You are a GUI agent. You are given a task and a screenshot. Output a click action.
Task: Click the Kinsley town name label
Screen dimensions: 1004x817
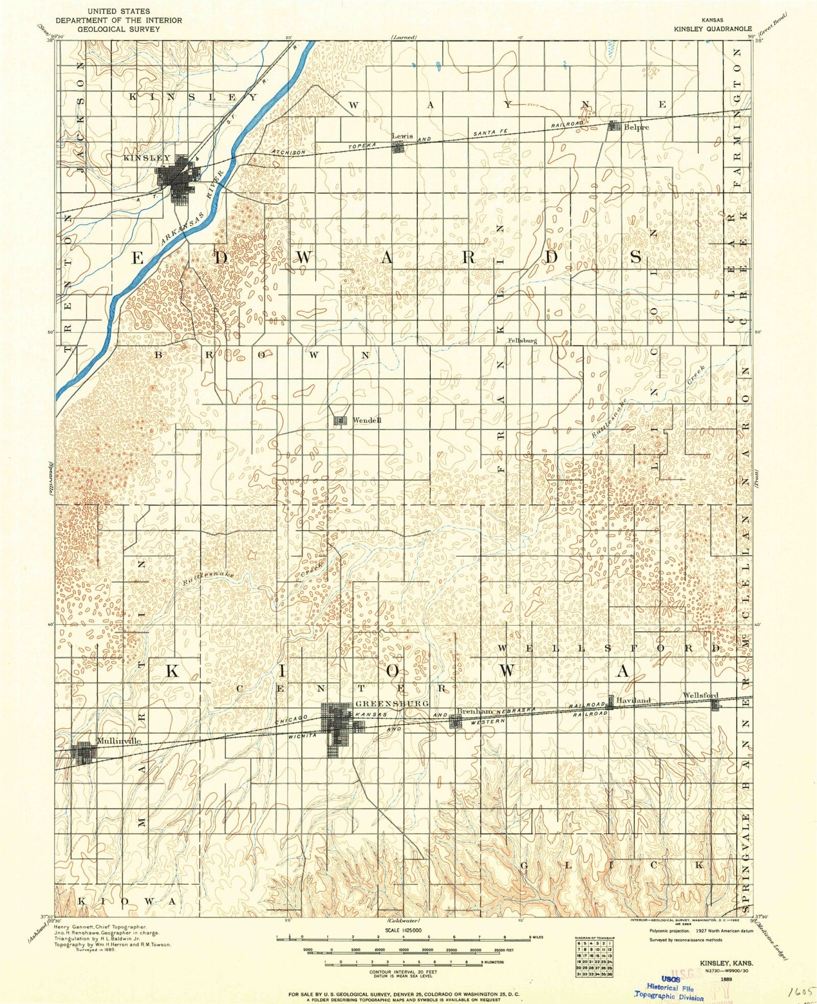146,158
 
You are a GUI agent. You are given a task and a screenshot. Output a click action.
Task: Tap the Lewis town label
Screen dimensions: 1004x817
402,137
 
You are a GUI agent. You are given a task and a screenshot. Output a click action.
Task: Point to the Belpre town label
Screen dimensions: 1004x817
636,127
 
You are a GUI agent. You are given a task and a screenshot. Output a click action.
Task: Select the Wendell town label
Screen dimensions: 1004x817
367,420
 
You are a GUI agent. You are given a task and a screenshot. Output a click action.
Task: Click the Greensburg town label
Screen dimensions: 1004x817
392,703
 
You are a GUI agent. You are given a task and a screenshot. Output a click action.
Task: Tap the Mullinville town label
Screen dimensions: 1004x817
119,741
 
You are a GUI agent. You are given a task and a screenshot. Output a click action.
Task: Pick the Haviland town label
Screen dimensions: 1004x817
633,700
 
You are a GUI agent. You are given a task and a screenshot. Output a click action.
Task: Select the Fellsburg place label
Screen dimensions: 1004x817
522,341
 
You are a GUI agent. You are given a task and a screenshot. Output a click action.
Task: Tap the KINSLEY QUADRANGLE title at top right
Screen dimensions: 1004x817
712,28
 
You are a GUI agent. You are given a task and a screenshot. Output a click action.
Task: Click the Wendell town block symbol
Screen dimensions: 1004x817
340,421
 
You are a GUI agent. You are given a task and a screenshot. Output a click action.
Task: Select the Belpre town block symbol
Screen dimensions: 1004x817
614,127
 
